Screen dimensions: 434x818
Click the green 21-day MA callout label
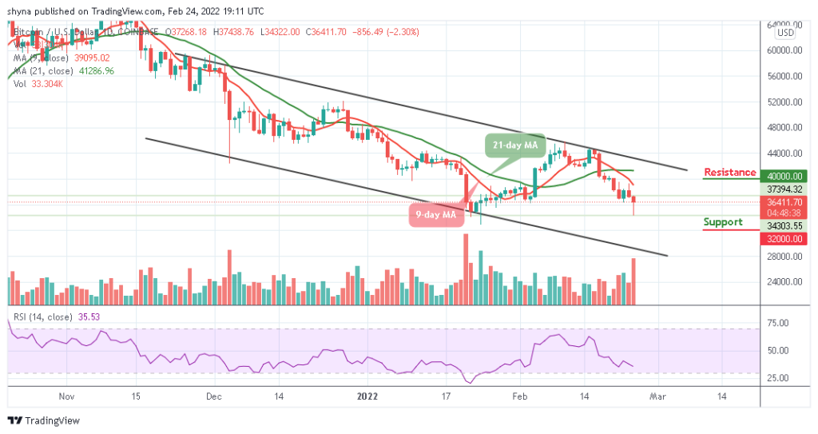514,145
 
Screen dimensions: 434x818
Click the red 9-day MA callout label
435,215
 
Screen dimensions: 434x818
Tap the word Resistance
729,173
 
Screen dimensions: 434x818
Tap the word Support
723,222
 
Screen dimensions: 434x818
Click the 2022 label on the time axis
367,396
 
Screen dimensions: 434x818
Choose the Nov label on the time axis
67,396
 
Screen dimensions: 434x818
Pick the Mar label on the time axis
657,396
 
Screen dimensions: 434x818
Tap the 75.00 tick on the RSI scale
778,323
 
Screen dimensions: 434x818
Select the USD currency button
785,34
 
